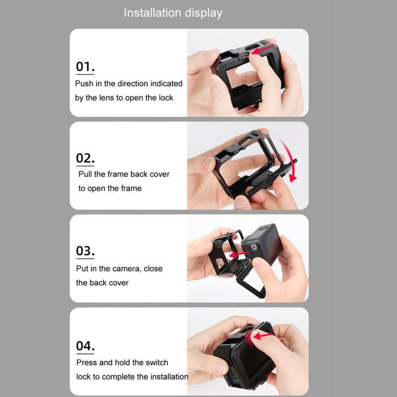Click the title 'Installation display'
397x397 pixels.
(173, 12)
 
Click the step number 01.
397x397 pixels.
(85, 66)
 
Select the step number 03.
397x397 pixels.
(85, 250)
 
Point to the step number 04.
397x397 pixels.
(85, 345)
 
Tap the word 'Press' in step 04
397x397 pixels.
(87, 362)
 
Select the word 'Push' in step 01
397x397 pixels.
(84, 83)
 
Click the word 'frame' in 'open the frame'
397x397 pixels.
(130, 188)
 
